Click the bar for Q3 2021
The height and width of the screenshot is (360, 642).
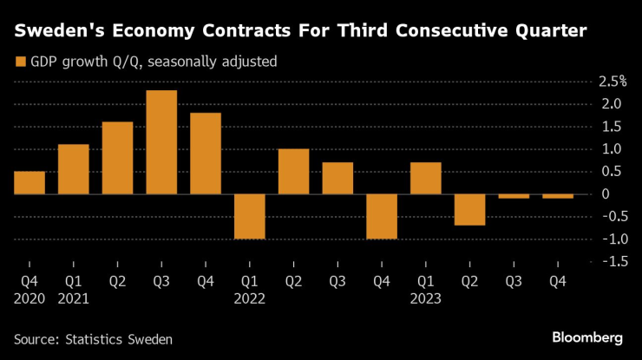[x=161, y=142]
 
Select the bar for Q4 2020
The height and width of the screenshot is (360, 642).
[x=29, y=183]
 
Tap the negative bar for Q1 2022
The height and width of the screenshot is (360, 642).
[x=250, y=216]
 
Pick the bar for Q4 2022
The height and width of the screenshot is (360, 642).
[x=382, y=216]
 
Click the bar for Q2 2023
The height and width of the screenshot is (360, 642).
[x=469, y=209]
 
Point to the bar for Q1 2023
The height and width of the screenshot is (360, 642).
[x=426, y=178]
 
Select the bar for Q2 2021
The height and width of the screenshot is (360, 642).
[x=117, y=158]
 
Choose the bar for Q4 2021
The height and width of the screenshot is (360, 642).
[x=206, y=154]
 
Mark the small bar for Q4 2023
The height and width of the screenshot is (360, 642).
[x=558, y=196]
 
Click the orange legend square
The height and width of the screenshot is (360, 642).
[x=19, y=62]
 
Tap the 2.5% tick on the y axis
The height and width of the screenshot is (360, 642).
[x=606, y=82]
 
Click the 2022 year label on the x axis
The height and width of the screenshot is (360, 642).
[x=250, y=298]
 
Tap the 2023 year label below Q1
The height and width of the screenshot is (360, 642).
[x=426, y=298]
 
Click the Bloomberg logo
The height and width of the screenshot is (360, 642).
[x=589, y=336]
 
